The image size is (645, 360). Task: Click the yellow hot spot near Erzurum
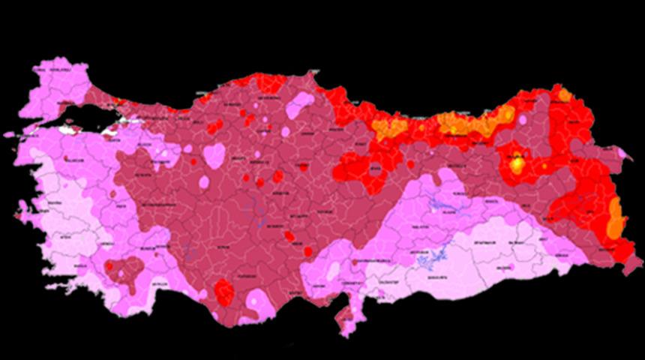pyautogui.click(x=517, y=164)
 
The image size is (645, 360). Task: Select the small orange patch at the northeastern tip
pyautogui.click(x=564, y=95)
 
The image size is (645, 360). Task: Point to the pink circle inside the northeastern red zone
pyautogui.click(x=523, y=119)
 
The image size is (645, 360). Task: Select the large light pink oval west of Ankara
pyautogui.click(x=214, y=155)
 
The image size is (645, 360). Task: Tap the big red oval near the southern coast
pyautogui.click(x=223, y=291)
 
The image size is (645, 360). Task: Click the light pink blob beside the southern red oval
pyautogui.click(x=259, y=300)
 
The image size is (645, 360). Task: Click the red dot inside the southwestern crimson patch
pyautogui.click(x=109, y=266)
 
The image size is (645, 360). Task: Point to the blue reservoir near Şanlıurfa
pyautogui.click(x=432, y=261)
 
